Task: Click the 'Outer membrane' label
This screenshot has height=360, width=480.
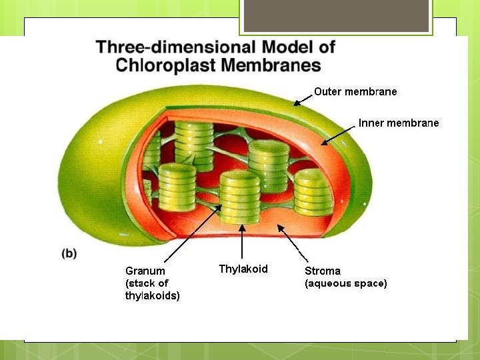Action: coord(355,91)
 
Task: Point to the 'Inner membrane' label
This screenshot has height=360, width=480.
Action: coord(399,123)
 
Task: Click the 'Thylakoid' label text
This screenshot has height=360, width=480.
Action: coord(243,269)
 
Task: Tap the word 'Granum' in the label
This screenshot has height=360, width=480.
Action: coord(145,271)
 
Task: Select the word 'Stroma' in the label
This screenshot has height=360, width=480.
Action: coord(323,271)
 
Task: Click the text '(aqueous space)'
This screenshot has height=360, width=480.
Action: coord(345,283)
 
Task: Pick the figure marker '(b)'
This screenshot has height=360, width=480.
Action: coord(69,253)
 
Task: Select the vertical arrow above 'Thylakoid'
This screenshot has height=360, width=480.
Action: coord(242,242)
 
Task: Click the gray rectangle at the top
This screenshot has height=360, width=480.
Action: coord(336,16)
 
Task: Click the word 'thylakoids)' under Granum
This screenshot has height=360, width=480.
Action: coord(153,295)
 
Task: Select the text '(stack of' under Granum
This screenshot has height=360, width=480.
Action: coord(147,283)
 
